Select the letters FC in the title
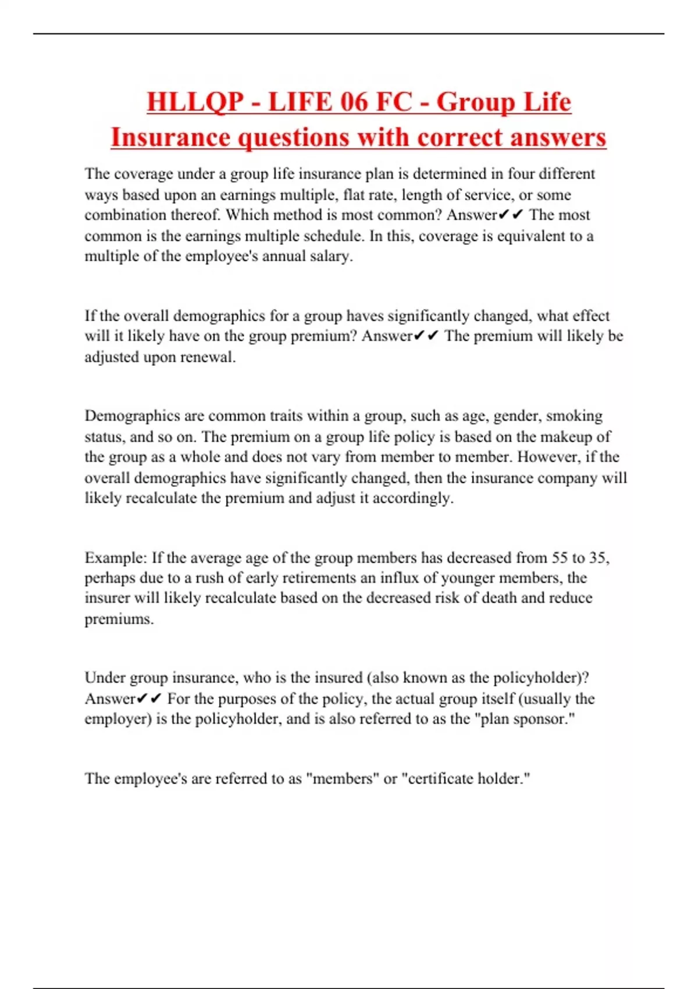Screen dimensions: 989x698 [394, 102]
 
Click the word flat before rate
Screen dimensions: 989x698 [353, 195]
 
